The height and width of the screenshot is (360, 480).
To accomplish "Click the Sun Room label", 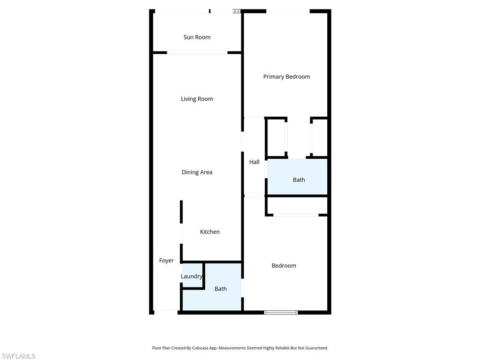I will click(197, 37).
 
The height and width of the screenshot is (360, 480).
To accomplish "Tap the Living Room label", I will click(197, 99).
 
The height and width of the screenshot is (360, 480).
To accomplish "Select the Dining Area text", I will click(197, 172).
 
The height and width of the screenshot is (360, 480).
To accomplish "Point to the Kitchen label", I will click(210, 232).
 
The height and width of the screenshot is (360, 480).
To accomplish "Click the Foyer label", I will click(166, 261).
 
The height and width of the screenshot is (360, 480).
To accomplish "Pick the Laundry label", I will click(191, 277).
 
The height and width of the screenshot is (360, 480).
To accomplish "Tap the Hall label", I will click(254, 162).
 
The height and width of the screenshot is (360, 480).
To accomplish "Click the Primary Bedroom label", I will click(286, 77).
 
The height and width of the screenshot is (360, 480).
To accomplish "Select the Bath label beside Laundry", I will click(220, 289).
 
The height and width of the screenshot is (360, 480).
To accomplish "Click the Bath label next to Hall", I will click(299, 180).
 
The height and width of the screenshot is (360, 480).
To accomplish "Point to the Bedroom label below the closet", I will click(284, 266).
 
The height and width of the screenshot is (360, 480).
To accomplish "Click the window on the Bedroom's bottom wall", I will click(281, 312).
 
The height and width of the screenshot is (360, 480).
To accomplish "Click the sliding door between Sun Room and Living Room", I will click(197, 52).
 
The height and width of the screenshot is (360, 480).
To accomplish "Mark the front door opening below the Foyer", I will click(166, 311).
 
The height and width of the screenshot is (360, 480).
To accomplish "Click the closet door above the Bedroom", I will click(296, 215).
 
